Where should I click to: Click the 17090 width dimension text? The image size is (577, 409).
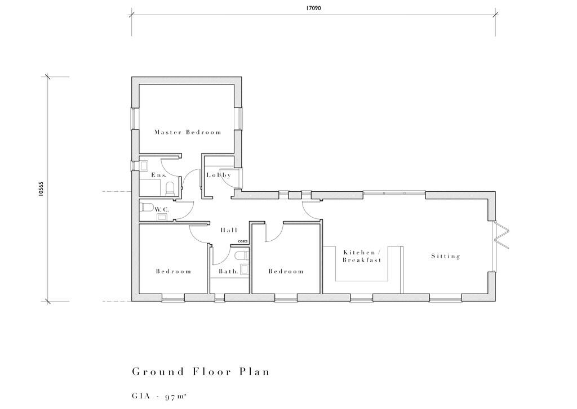click(x=314, y=8)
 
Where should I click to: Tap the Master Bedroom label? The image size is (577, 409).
click(x=188, y=133)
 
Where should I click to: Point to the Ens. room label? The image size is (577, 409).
click(x=159, y=176)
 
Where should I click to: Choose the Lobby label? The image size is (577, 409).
click(x=219, y=176)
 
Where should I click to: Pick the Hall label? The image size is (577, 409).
click(x=229, y=230)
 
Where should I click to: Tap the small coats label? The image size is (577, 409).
click(x=242, y=241)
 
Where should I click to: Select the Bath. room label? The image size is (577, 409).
click(x=228, y=272)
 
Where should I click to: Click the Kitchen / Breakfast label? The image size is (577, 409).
click(x=362, y=257)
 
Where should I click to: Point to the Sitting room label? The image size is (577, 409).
click(x=446, y=257)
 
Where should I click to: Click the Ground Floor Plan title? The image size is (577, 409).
click(x=201, y=372)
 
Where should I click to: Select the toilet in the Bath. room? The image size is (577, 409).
click(x=242, y=257)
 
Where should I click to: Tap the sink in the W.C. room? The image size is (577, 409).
click(x=162, y=215)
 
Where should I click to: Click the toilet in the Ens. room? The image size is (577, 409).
click(x=144, y=165)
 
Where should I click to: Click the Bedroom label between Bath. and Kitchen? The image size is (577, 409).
click(x=286, y=272)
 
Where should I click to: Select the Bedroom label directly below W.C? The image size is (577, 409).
click(x=174, y=272)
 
